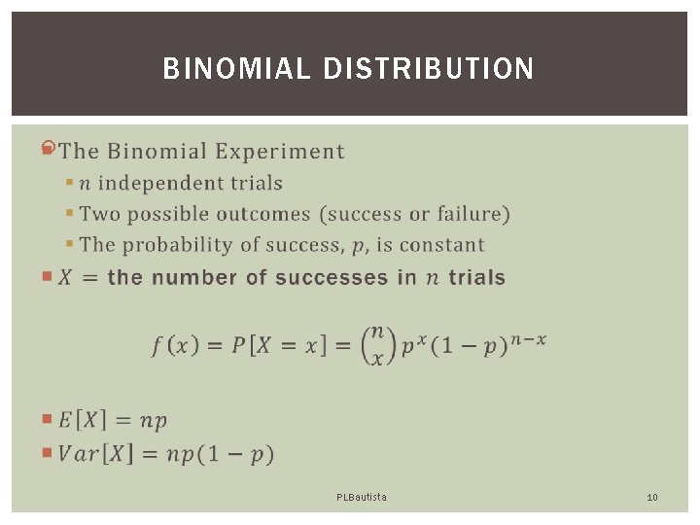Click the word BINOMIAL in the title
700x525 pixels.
pos(236,69)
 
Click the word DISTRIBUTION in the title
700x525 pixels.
pos(428,69)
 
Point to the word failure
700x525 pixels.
pos(470,214)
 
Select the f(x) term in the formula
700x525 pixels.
pos(176,344)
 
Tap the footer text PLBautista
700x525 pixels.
pos(361,497)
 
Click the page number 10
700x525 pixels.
pos(652,497)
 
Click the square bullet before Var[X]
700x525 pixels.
pos(49,452)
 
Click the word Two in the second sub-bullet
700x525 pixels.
pos(97,214)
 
